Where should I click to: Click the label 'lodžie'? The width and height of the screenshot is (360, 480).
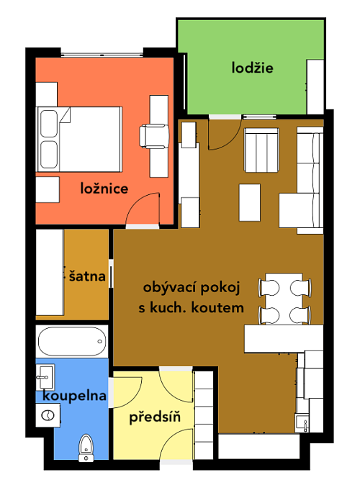252,68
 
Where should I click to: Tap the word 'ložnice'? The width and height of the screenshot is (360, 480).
104,189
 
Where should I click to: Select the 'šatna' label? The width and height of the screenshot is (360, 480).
87,276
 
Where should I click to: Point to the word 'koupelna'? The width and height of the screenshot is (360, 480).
74,396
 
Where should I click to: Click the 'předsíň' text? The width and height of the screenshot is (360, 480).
155,417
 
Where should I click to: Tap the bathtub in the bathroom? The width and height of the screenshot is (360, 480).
72,341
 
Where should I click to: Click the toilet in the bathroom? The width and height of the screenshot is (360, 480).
86,448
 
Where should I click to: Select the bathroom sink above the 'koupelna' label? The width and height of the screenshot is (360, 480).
45,377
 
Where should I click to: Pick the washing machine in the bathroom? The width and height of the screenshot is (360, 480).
48,415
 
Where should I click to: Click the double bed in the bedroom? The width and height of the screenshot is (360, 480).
79,140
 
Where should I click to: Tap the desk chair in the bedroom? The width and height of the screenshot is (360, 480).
154,136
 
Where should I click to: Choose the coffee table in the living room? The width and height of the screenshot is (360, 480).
250,202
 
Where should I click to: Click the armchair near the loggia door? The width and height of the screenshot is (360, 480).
261,150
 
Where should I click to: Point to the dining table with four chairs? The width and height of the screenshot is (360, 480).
284,299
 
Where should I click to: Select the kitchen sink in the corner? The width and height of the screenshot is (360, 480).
302,422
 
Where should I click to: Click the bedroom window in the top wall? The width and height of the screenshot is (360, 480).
102,55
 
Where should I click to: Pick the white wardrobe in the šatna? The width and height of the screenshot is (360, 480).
50,272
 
